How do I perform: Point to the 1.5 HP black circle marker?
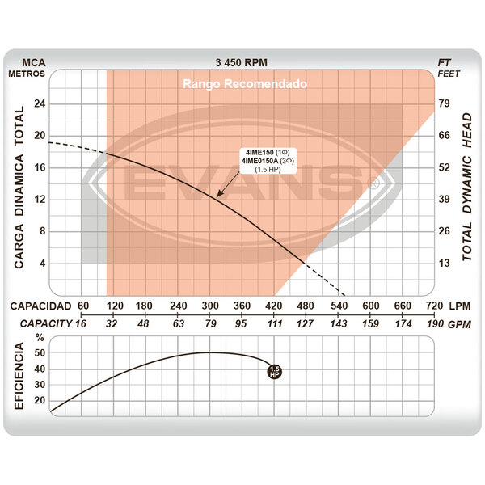tap(274, 372)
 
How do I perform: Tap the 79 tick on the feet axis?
tap(444, 103)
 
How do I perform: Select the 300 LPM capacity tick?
tap(210, 306)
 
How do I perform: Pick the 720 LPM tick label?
tap(434, 306)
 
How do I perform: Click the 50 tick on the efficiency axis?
tap(40, 353)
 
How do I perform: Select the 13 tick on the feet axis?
tap(444, 264)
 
